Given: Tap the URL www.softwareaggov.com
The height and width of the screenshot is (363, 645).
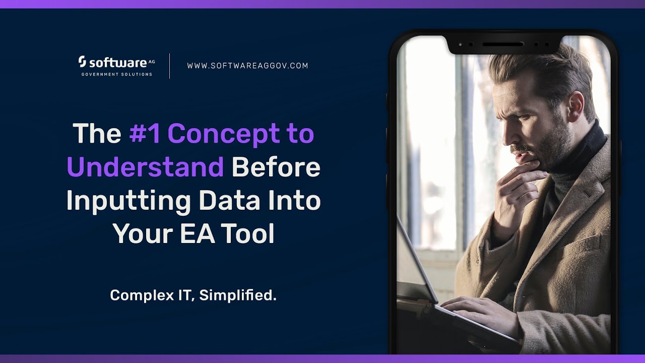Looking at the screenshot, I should pos(247,66).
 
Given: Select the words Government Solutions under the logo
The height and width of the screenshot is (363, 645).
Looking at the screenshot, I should pos(116,74).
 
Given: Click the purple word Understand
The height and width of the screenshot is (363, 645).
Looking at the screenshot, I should pos(145,167).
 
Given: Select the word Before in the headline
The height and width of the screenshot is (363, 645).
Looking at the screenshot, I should pos(276,167).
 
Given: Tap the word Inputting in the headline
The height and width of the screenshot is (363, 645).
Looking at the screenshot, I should pos(128,201).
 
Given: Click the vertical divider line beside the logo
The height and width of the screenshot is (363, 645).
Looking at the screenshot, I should pos(169,66).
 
